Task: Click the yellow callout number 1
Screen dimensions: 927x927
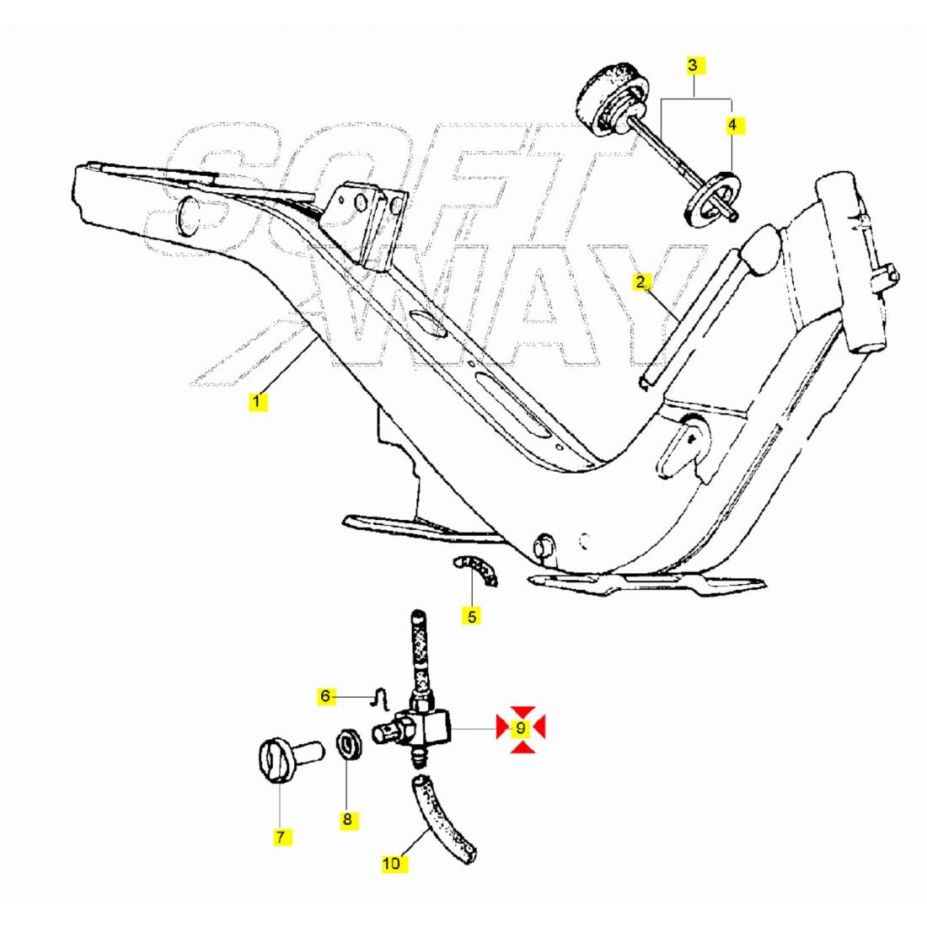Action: [257, 402]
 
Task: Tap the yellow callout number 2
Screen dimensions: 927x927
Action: [640, 282]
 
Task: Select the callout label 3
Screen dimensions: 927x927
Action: [694, 65]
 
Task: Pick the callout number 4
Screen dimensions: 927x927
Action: [732, 125]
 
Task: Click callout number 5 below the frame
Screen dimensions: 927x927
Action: [471, 617]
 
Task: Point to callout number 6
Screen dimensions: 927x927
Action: [325, 696]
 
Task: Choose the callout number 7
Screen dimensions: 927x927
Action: [281, 837]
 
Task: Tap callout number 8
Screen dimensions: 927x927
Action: [347, 819]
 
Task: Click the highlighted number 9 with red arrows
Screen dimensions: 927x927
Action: [521, 728]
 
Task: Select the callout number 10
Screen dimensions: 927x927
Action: [391, 864]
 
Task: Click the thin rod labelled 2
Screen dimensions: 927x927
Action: [690, 316]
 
